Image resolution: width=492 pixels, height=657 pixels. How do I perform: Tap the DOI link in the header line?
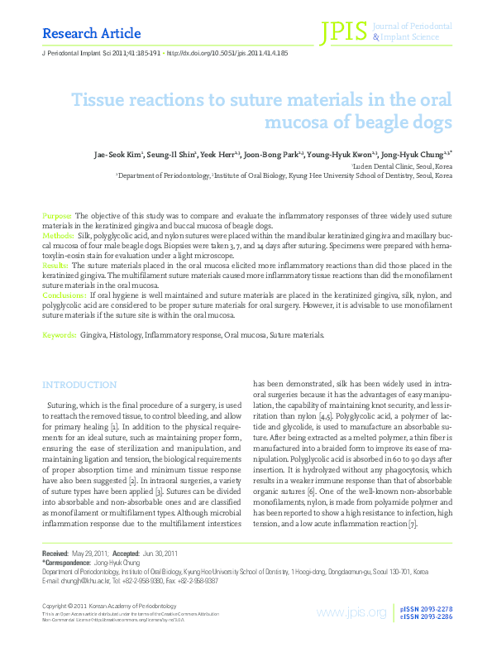click(227, 52)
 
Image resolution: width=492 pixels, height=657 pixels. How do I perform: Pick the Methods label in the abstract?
click(58, 235)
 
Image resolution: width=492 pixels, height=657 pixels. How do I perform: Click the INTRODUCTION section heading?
click(79, 385)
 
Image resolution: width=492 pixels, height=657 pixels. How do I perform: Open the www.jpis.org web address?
click(351, 612)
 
